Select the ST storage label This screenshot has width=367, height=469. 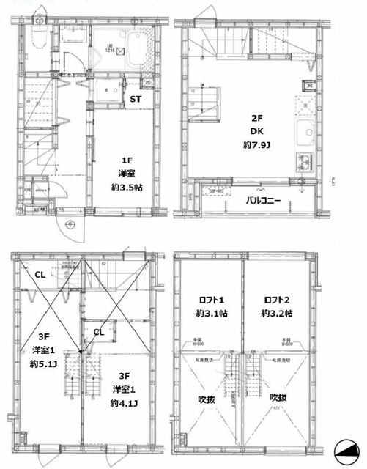(x=136, y=100)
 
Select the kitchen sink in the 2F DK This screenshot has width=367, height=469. (x=303, y=135)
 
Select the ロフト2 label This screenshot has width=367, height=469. (x=276, y=298)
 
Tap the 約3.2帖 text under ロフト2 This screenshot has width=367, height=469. (x=276, y=314)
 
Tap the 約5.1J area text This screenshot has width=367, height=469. (x=42, y=363)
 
